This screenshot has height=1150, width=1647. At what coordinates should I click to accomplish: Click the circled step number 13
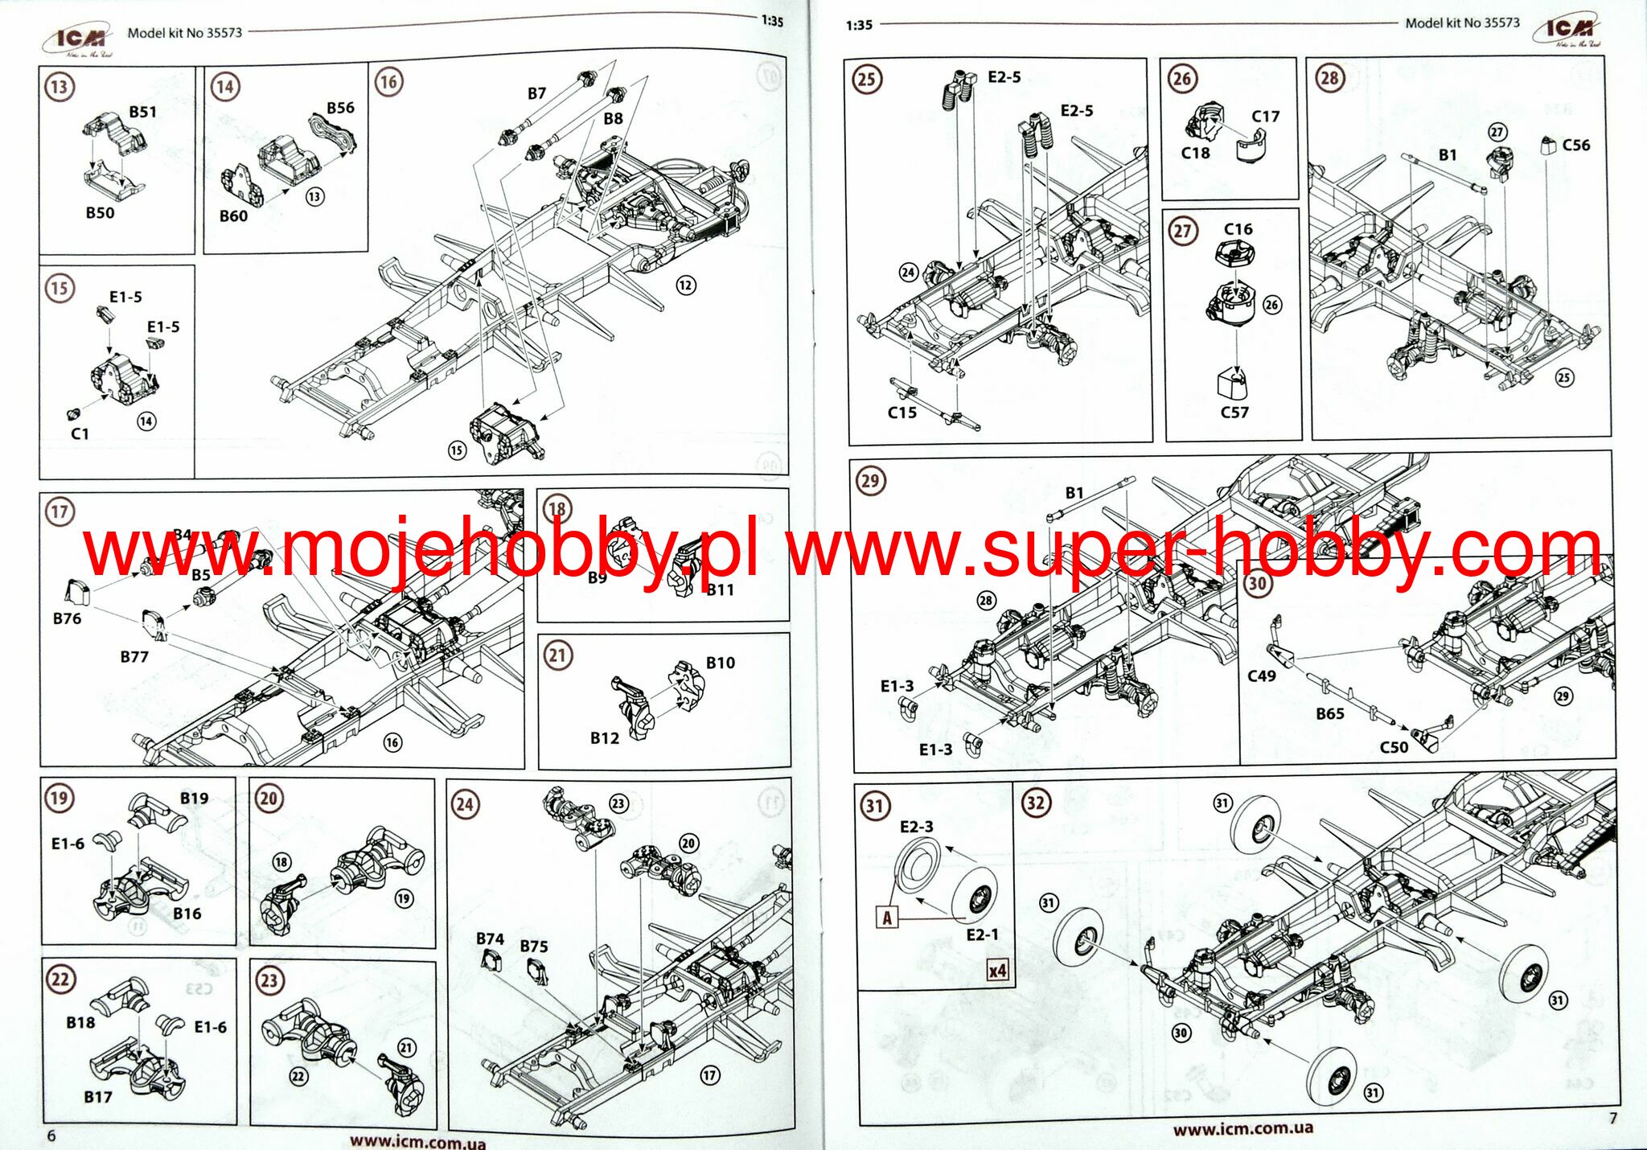coord(60,87)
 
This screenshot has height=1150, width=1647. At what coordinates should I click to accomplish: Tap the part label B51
coord(143,112)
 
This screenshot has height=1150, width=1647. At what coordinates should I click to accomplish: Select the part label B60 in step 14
coord(233,216)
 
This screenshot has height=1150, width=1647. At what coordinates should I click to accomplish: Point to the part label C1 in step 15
coord(80,433)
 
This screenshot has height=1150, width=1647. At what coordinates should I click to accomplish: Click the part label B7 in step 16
coord(537,93)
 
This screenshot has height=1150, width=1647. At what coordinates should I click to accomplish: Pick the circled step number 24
coord(466,803)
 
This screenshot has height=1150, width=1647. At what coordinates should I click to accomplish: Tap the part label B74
coord(490,938)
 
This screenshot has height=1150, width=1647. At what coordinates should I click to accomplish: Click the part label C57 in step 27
coord(1234,413)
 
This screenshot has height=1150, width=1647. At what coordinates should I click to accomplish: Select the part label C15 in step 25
coord(902,413)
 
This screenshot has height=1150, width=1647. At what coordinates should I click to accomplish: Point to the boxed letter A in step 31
coord(887,918)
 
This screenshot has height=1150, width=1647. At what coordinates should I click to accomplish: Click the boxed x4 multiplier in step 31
coord(997,971)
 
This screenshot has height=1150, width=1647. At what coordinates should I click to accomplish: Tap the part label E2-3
coord(917,827)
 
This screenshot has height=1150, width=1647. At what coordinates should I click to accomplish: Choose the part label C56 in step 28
coord(1576,146)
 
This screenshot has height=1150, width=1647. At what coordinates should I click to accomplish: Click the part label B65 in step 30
coord(1330,713)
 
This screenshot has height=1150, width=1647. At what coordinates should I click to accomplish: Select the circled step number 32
coord(1036,803)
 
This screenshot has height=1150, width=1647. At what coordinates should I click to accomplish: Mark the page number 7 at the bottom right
coord(1612,1118)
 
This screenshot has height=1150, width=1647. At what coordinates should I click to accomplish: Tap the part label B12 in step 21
coord(605,738)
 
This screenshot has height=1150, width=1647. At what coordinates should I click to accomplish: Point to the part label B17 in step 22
coord(98,1097)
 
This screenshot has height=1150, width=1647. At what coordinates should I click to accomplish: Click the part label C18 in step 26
coord(1195,153)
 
